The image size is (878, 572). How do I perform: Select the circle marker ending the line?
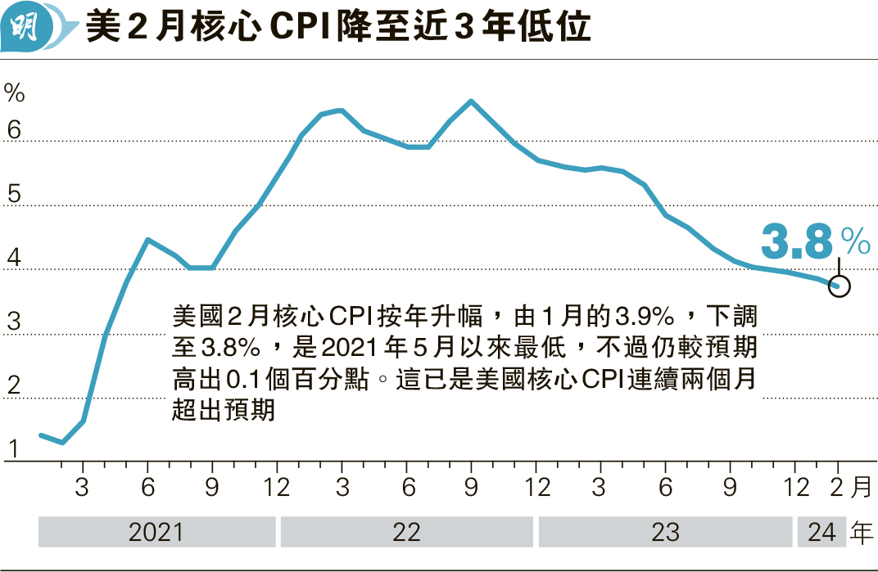click(840, 286)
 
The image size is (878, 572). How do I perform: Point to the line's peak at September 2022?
click(471, 101)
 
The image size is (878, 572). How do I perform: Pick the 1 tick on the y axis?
click(13, 449)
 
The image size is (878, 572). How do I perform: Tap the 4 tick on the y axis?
click(13, 259)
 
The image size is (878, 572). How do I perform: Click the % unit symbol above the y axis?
click(15, 92)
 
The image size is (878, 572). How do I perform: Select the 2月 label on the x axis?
click(849, 488)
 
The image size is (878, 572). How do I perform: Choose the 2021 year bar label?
click(156, 533)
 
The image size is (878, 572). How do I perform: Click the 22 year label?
click(406, 533)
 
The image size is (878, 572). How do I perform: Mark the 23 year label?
click(665, 533)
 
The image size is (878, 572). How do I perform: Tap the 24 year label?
click(821, 533)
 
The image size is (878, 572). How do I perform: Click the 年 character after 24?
click(861, 533)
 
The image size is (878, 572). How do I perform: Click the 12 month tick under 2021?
click(277, 488)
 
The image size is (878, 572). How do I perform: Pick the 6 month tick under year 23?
click(665, 488)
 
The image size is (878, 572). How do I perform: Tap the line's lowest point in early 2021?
click(63, 443)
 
